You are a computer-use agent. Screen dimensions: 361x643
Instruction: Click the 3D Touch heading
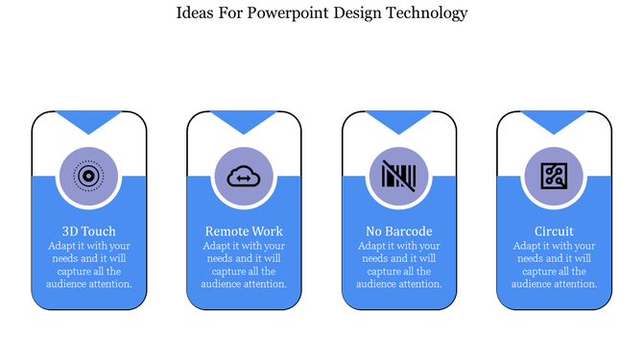point(88,231)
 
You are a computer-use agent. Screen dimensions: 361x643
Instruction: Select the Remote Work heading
point(244,231)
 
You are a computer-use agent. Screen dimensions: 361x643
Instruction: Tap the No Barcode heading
point(399,231)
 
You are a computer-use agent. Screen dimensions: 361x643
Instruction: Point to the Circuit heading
point(555,231)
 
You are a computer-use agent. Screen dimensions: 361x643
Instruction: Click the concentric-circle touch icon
point(88,177)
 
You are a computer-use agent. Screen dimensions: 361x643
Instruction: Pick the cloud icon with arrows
point(244,177)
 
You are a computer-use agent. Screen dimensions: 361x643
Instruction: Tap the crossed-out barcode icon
point(398,177)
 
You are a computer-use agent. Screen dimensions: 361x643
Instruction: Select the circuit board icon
point(555,177)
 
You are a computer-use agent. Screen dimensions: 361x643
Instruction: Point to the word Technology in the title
point(421,13)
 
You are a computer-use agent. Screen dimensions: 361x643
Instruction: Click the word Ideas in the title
point(197,12)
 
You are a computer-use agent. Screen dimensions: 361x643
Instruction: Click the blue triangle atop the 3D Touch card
point(88,121)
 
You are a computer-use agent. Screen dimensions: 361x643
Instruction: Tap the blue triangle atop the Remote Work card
point(244,121)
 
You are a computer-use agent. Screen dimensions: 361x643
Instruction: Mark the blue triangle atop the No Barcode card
point(399,121)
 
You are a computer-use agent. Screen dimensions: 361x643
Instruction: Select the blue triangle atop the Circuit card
point(555,121)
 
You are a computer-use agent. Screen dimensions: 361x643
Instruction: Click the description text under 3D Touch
point(88,264)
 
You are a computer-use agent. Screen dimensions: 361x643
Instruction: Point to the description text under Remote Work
point(244,264)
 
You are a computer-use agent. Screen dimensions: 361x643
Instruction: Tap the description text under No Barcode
point(399,264)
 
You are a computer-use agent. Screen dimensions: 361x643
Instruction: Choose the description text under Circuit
point(555,264)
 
